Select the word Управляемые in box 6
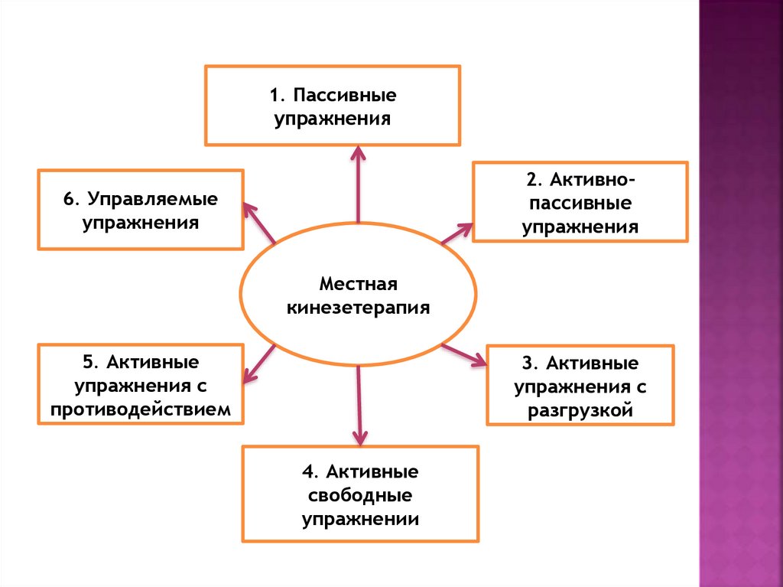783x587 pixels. pyautogui.click(x=152, y=199)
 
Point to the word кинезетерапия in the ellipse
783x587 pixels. pyautogui.click(x=359, y=308)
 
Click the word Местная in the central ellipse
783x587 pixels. pyautogui.click(x=359, y=285)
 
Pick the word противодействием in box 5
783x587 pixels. pyautogui.click(x=141, y=409)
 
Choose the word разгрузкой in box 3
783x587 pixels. pyautogui.click(x=580, y=411)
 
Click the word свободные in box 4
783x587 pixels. pyautogui.click(x=361, y=494)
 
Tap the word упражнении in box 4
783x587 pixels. pyautogui.click(x=361, y=519)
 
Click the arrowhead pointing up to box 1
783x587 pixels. pyautogui.click(x=358, y=153)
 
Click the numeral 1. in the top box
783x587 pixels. pyautogui.click(x=277, y=96)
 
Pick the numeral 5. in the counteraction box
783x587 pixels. pyautogui.click(x=89, y=360)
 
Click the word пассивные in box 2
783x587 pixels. pyautogui.click(x=580, y=204)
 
